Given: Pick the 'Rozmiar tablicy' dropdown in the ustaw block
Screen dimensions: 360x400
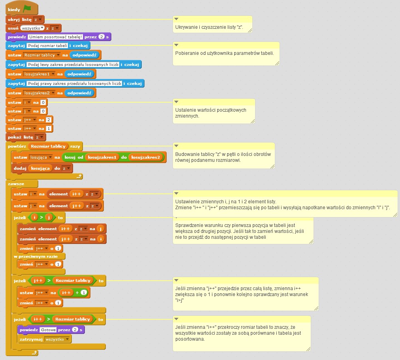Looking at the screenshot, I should pos(41,55).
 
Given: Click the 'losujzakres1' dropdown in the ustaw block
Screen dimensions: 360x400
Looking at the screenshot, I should pos(39,74).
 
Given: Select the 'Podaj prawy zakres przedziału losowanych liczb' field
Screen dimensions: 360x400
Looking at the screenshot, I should pos(75,83).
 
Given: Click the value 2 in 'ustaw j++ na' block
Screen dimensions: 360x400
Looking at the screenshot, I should pos(48,120).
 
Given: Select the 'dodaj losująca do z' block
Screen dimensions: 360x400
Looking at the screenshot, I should pos(22,168).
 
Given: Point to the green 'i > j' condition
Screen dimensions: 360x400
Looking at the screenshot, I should pos(41,217).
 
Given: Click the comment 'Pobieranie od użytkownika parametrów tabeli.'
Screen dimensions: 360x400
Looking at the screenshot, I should pos(224,53).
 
